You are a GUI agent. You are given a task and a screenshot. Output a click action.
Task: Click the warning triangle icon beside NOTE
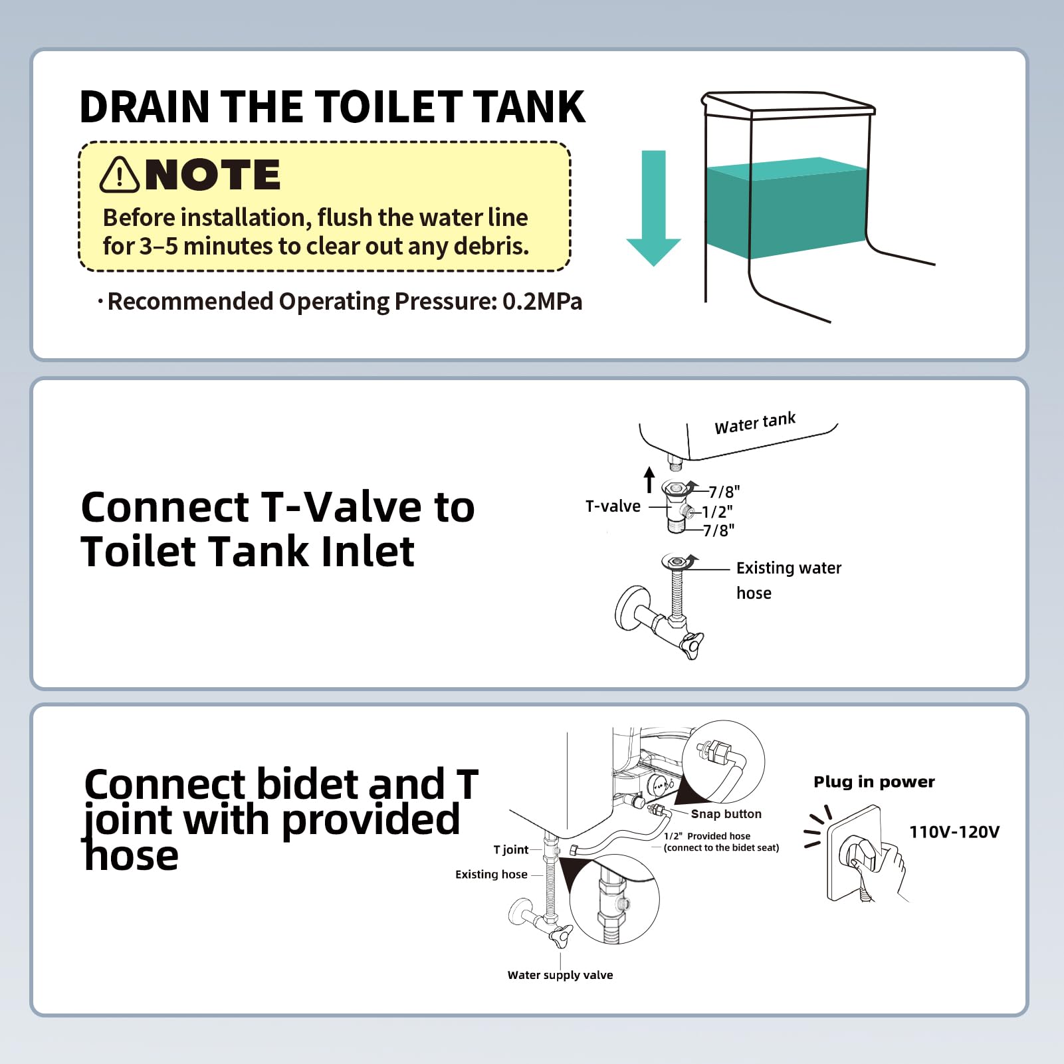[x=120, y=175]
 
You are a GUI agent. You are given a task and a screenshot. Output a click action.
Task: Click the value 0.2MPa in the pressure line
[x=542, y=302]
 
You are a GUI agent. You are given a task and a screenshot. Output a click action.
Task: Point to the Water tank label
[x=755, y=423]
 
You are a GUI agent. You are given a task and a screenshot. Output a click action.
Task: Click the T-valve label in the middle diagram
[x=613, y=506]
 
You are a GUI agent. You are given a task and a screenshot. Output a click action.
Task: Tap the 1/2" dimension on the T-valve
[x=717, y=512]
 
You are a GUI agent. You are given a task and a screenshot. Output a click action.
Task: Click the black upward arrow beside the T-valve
[x=649, y=480]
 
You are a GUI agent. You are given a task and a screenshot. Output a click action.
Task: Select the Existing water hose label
[x=788, y=580]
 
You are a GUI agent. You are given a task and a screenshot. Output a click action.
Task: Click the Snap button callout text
[x=726, y=814]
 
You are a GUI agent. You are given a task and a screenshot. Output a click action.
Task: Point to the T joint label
[x=510, y=850]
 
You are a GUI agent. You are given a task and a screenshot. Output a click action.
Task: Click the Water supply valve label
[x=560, y=975]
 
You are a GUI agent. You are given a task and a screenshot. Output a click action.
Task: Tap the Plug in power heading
[x=874, y=782]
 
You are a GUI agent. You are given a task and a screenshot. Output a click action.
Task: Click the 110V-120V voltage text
[x=954, y=832]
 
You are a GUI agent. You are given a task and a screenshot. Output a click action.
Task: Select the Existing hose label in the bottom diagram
[x=491, y=875]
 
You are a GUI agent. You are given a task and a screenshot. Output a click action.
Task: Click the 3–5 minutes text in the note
[x=206, y=247]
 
